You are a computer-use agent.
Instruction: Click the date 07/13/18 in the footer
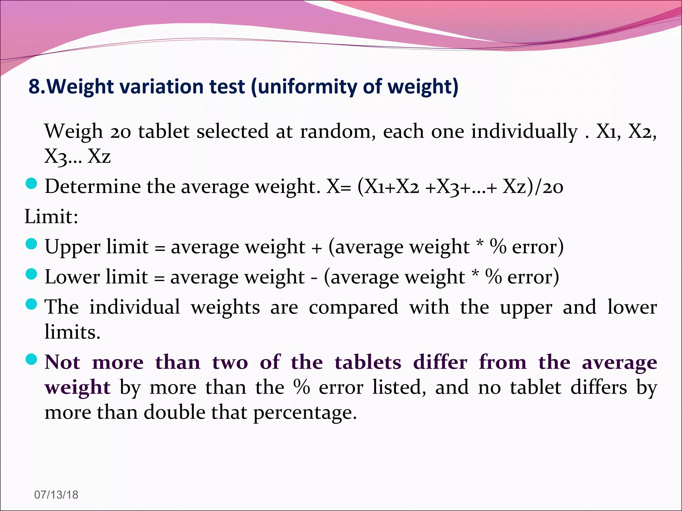pos(56,495)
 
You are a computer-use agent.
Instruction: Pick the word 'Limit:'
pos(51,217)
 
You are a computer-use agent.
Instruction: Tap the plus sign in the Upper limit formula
pos(317,248)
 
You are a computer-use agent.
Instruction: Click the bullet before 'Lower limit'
pos(31,274)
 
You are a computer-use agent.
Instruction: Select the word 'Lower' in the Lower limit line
pos(72,277)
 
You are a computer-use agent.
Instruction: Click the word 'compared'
pos(353,307)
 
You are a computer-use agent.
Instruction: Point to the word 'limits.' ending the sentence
pos(72,332)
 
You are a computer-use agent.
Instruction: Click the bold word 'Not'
pos(63,362)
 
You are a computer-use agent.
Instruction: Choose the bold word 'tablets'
pos(368,362)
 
